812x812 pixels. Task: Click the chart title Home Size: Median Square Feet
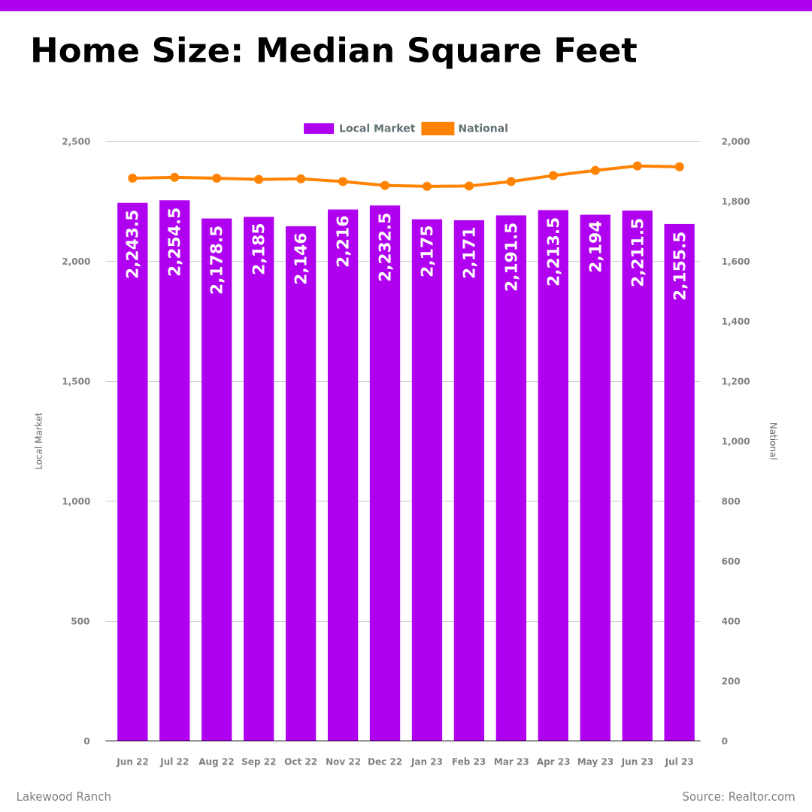point(333,52)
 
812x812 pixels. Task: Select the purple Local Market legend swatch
point(319,129)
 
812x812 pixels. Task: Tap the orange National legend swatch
point(438,129)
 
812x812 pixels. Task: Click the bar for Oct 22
point(301,489)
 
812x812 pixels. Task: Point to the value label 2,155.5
point(680,265)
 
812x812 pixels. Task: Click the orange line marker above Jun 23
point(638,166)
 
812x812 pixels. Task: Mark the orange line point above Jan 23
point(427,186)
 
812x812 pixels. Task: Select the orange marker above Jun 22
point(132,178)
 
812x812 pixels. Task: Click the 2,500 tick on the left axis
point(76,141)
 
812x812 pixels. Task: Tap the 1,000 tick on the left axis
point(76,501)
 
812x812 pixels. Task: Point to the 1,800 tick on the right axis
point(735,201)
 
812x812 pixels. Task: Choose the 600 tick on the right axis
point(731,562)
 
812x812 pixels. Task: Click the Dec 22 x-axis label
point(385,762)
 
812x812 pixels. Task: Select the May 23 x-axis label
point(595,762)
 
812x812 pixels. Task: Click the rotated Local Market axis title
point(39,441)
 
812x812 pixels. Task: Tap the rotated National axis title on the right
point(772,441)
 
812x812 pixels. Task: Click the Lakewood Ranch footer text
point(64,797)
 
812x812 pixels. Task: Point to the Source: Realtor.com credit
point(738,797)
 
